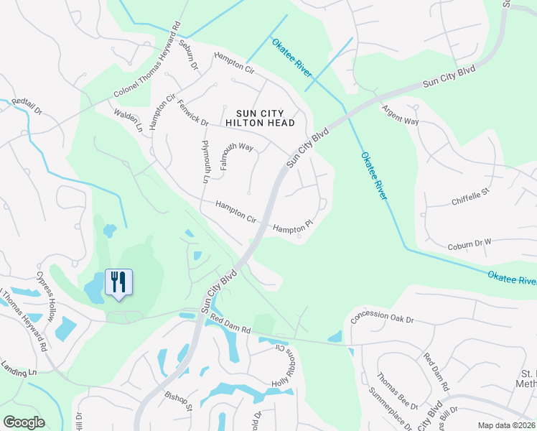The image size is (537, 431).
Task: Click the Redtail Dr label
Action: tap(27, 108)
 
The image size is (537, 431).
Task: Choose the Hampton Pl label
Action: tap(294, 227)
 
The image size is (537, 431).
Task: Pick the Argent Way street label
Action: tap(400, 116)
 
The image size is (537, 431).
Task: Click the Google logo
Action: tap(24, 422)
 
